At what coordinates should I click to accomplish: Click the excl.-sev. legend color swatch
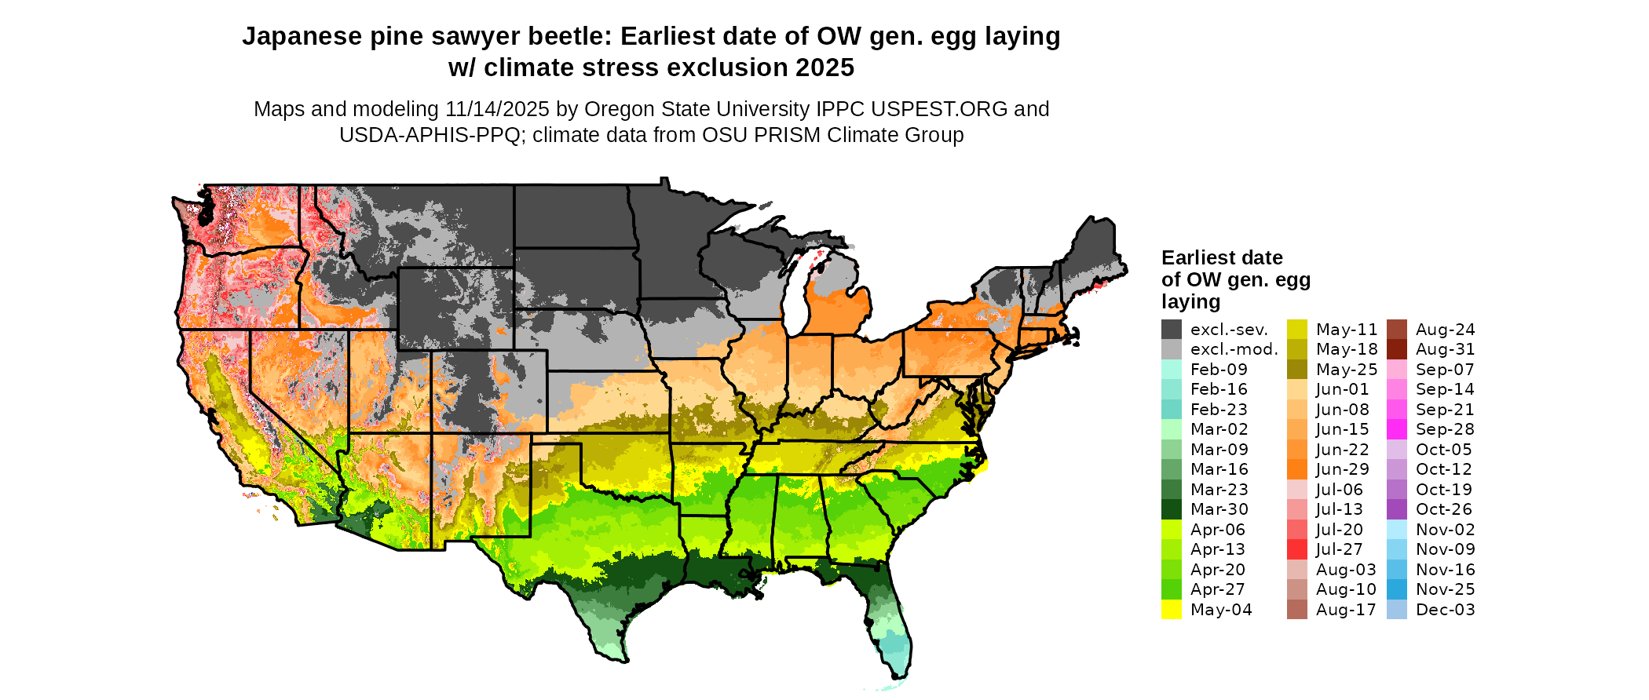[1171, 330]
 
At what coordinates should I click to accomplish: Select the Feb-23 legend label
[1219, 410]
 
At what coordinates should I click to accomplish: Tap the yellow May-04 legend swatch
[1171, 610]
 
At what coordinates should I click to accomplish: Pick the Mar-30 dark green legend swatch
[1171, 509]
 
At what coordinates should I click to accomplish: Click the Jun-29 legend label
[1342, 469]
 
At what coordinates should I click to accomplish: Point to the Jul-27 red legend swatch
[1296, 549]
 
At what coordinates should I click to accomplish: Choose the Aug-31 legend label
[1445, 349]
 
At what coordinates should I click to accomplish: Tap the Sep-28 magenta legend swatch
[1397, 429]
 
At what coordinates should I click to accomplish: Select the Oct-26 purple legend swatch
[1397, 509]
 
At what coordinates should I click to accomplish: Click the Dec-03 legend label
[1445, 610]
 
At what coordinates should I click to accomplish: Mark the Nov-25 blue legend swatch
[1397, 589]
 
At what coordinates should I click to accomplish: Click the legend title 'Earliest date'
[1222, 257]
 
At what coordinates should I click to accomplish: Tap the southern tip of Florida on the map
[899, 671]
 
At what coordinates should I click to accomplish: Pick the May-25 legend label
[1347, 370]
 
